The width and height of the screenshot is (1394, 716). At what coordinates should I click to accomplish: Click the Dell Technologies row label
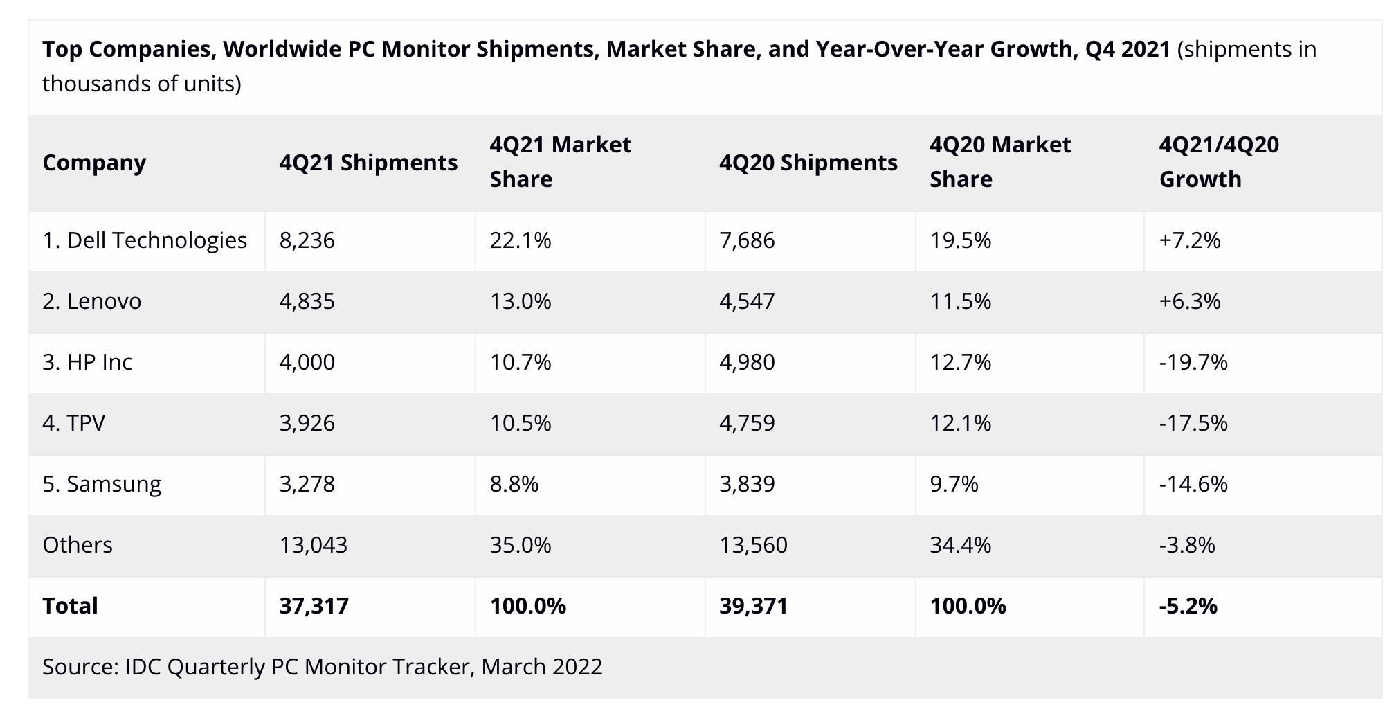tap(144, 240)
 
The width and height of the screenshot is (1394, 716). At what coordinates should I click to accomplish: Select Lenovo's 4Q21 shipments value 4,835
tap(307, 301)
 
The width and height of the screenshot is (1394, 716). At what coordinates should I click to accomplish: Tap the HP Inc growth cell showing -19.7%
tap(1193, 362)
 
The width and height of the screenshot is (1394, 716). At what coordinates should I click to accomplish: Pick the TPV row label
tap(73, 423)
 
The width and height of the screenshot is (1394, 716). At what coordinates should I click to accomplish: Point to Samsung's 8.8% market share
tap(514, 484)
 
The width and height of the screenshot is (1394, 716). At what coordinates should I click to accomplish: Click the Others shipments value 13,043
tap(313, 545)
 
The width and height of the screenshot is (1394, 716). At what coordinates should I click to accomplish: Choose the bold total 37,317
tap(314, 606)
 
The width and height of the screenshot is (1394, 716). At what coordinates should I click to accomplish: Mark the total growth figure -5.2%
tap(1188, 606)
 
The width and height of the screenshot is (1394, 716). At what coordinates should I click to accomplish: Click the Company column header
tap(94, 163)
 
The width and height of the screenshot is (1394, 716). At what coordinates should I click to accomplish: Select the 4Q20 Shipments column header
tap(808, 163)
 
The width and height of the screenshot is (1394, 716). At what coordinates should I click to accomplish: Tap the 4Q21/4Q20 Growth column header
tap(1219, 162)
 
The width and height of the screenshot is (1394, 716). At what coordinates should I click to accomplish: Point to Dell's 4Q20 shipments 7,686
tap(747, 240)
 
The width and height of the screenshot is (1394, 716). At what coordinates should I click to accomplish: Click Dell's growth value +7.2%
tap(1189, 240)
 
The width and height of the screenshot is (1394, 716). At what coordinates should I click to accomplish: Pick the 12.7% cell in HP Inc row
tap(960, 362)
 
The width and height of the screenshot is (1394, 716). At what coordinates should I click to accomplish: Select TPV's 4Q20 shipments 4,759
tap(747, 423)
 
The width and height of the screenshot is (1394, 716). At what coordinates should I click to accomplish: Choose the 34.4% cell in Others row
tap(960, 545)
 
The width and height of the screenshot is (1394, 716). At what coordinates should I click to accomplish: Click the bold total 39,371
tap(753, 606)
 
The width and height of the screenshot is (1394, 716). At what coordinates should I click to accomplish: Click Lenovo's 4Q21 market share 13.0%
tap(521, 301)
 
